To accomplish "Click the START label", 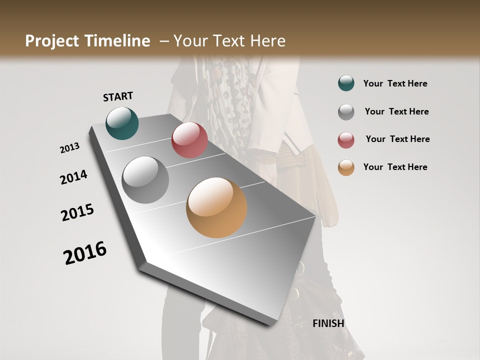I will (118, 96).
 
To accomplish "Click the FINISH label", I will (328, 323).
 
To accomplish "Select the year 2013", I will (70, 148).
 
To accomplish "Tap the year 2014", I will (74, 177).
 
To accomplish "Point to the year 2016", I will (85, 253).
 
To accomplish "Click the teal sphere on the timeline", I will (122, 123).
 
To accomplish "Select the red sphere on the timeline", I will (189, 140).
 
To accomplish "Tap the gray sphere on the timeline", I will (145, 180).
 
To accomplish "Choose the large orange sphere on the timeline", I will (216, 207).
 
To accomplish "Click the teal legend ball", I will (346, 83).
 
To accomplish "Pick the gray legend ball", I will (346, 111).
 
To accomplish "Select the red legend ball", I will (346, 139).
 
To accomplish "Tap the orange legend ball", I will (346, 167).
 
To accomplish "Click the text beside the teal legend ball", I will (395, 83).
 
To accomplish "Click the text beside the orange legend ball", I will (395, 167).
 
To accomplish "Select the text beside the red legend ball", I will (397, 139).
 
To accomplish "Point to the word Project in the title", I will (51, 41).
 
